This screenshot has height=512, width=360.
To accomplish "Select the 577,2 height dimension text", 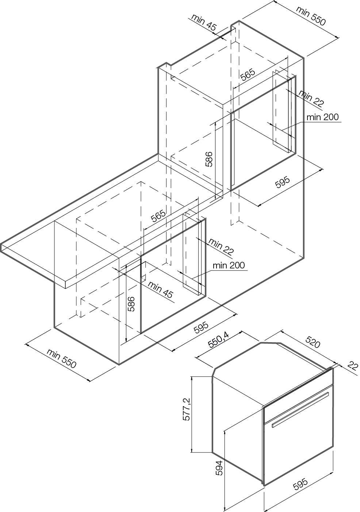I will click(186, 409).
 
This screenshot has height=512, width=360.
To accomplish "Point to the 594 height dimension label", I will click(219, 468).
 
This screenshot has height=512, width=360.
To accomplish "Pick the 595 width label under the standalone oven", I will click(300, 485).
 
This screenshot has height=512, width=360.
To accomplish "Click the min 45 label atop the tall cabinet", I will click(203, 22).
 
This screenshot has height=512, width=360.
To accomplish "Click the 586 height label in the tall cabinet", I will click(208, 159).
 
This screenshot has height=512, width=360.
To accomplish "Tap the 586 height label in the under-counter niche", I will click(131, 303).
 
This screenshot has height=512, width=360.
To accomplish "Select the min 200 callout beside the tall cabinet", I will click(322, 117).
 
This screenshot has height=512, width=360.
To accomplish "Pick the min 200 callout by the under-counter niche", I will click(229, 265).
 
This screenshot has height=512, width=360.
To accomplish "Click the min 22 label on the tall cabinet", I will click(311, 98).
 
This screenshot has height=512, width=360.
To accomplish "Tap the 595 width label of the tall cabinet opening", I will click(282, 182).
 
